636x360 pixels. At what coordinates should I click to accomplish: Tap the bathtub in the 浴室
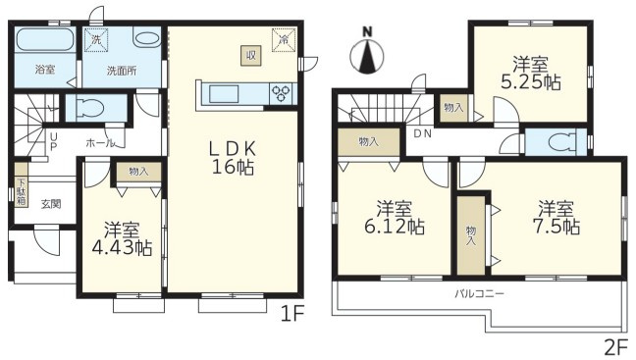pos(44,39)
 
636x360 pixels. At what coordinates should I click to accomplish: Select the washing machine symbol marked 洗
pos(96,40)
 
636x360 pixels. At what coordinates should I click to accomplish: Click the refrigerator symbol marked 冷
pos(284,40)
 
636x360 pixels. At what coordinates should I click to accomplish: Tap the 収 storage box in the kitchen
pos(251,56)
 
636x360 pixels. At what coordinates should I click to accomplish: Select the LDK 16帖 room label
pos(234,158)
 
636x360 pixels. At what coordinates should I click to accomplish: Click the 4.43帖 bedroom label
pos(122,239)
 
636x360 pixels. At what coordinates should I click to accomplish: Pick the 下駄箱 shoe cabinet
pos(22,184)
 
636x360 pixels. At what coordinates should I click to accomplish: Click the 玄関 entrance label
pos(51,203)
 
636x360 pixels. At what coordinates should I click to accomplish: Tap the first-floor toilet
pos(91,108)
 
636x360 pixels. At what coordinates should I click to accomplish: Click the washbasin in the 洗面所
pos(147,39)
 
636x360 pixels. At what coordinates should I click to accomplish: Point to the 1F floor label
pos(292,314)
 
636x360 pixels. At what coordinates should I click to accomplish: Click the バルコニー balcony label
pos(479,293)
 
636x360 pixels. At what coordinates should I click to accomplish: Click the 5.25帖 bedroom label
pos(531,74)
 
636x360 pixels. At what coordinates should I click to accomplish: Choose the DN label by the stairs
pos(422,133)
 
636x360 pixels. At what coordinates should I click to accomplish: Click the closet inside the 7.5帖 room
pos(471,235)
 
